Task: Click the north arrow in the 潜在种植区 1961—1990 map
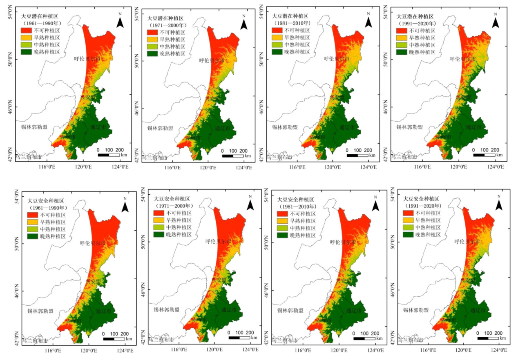point(120,21)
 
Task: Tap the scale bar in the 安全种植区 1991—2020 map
point(488,338)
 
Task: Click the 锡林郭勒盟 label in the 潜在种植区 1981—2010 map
point(285,127)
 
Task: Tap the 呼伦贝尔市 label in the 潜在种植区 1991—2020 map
point(462,59)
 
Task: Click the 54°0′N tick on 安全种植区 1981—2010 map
point(266,198)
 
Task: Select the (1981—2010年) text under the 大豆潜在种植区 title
point(292,23)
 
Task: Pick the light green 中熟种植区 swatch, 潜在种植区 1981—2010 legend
point(278,44)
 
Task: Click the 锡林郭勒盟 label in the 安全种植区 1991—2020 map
point(416,310)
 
